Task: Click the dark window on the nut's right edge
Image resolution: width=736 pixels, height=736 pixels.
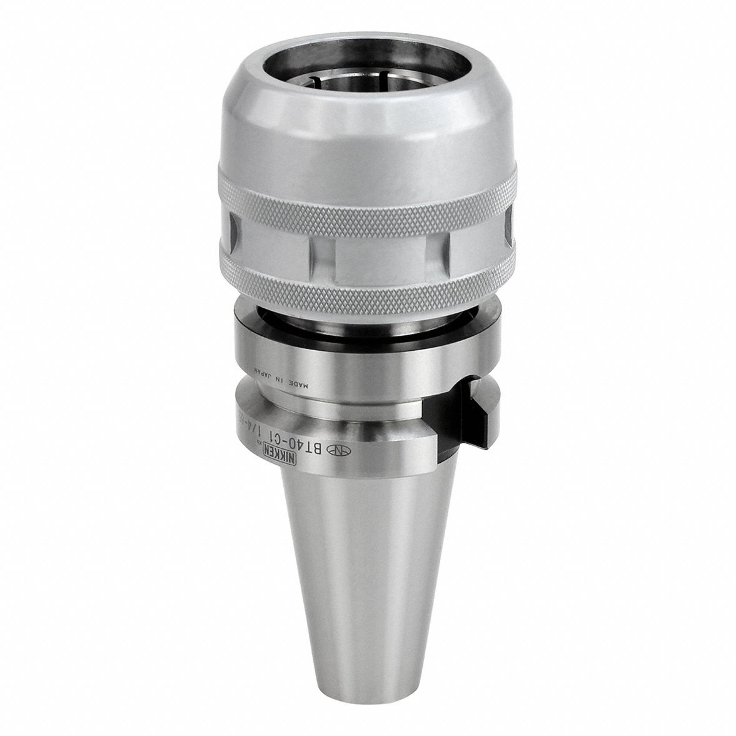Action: (x=509, y=231)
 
